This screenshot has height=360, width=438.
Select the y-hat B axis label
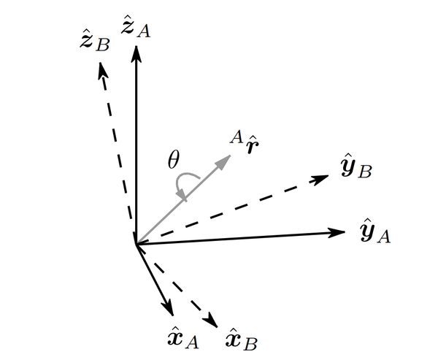(x=357, y=166)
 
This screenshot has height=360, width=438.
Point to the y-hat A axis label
(x=375, y=231)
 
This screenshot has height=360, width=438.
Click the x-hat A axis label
(x=183, y=337)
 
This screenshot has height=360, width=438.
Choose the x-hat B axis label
(x=242, y=339)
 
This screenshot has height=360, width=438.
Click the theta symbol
(x=173, y=160)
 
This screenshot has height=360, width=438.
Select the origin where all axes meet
(x=136, y=245)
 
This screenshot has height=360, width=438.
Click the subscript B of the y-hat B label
(x=365, y=171)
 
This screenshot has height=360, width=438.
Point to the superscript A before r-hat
(x=237, y=137)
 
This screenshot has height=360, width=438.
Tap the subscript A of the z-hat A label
(x=144, y=31)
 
